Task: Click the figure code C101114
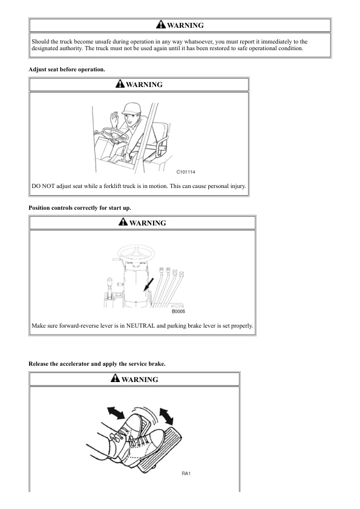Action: click(186, 172)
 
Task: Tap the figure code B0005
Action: click(178, 311)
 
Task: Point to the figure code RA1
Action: click(186, 473)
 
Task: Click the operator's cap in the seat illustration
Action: click(131, 108)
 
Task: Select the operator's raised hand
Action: click(114, 120)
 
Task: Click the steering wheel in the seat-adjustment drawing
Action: click(115, 134)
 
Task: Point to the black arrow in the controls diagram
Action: click(149, 284)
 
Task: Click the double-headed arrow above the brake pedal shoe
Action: click(116, 413)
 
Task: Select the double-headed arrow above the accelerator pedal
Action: click(166, 417)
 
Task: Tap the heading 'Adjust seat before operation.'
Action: click(67, 70)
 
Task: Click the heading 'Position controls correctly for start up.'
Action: click(80, 208)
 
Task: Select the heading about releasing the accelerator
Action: click(97, 364)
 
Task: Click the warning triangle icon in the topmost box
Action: click(161, 24)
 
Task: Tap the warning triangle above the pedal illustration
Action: click(115, 378)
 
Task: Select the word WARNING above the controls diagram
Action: click(148, 223)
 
